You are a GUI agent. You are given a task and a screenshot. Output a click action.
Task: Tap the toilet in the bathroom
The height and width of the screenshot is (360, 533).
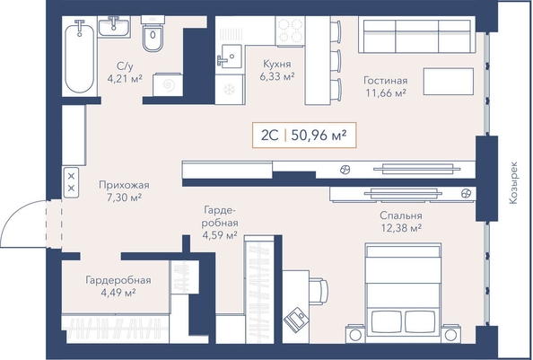point(153,34)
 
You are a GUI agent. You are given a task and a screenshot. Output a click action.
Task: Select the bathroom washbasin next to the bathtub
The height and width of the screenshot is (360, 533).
point(114,26)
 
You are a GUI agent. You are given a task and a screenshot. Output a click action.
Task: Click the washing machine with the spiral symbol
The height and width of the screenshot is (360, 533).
point(168,84)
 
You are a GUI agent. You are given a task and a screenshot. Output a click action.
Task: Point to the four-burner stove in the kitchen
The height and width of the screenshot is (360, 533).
point(291,31)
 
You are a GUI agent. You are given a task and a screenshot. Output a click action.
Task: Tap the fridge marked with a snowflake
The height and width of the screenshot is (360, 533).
point(230,90)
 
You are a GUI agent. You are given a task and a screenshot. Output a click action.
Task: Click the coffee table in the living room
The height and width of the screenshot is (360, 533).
point(449,81)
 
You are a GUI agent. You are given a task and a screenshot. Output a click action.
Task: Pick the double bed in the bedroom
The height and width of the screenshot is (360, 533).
point(403,293)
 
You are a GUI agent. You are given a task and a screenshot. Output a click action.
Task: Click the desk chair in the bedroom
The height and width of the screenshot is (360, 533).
point(319,292)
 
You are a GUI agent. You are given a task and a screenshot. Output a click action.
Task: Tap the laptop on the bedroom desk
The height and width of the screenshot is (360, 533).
point(296,319)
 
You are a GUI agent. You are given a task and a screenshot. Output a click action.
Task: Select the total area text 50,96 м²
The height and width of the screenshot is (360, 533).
point(319,136)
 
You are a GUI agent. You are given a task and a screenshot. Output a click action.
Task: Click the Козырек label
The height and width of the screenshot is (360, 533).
point(513,182)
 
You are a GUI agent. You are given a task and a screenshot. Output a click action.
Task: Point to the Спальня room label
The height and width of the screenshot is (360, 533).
point(401,215)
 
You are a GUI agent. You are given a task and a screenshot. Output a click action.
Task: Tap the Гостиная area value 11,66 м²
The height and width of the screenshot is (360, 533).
point(386,92)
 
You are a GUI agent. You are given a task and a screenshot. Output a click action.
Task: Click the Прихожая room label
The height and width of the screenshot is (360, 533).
point(124,185)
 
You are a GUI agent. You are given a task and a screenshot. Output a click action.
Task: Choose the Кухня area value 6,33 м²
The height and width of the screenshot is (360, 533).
point(277,76)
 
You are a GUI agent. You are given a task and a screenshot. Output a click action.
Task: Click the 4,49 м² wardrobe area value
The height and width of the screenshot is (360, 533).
point(118,293)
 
